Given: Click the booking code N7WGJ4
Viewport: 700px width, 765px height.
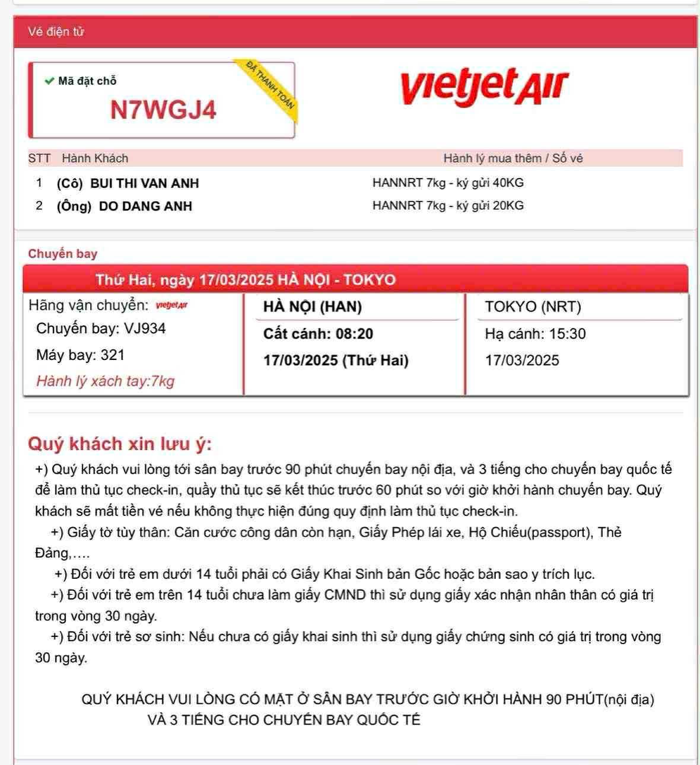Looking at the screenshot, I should click(163, 110).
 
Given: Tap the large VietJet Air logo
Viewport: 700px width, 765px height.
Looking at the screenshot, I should click(484, 87).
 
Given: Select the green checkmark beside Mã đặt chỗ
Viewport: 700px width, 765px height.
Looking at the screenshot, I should click(49, 81).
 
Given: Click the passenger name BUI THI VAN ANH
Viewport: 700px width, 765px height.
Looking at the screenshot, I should click(144, 183).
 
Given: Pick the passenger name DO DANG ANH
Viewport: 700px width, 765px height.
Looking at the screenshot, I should click(145, 206).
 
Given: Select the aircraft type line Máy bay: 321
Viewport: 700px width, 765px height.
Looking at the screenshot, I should click(80, 355).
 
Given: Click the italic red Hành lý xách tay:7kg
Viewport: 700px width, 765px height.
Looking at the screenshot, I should click(105, 381).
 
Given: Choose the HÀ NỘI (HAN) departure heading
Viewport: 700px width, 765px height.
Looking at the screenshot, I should click(312, 307).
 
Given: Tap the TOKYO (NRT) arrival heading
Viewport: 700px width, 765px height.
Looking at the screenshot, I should click(533, 307).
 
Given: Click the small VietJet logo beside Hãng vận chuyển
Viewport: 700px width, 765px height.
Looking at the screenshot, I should click(171, 306).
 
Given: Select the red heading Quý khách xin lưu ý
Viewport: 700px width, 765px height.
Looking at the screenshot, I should click(119, 444).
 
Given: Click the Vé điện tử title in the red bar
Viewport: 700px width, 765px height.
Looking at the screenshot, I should click(56, 32).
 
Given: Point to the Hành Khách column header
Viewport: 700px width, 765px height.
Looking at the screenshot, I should click(95, 158).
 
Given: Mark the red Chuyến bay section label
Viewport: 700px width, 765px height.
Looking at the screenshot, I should click(62, 254).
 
